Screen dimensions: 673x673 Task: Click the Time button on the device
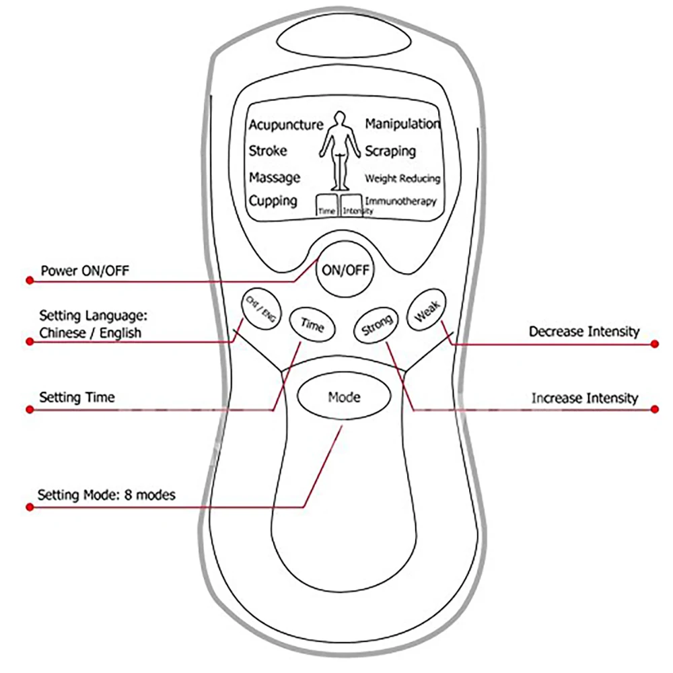pyautogui.click(x=312, y=325)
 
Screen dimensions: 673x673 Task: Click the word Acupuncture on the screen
pyautogui.click(x=286, y=125)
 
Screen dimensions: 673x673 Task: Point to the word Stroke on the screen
pyautogui.click(x=268, y=151)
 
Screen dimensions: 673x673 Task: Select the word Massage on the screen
pyautogui.click(x=275, y=178)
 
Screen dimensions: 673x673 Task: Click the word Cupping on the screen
pyautogui.click(x=273, y=201)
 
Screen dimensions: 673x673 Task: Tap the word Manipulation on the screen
pyautogui.click(x=402, y=125)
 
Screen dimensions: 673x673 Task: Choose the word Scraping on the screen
pyautogui.click(x=390, y=151)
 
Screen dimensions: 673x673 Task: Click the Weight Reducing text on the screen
pyautogui.click(x=402, y=178)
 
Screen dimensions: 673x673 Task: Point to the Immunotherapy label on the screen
pyautogui.click(x=400, y=201)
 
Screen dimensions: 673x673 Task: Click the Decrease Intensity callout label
pyautogui.click(x=583, y=331)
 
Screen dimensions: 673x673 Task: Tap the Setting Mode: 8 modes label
pyautogui.click(x=106, y=495)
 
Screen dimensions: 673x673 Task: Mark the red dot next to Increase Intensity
pyautogui.click(x=656, y=409)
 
